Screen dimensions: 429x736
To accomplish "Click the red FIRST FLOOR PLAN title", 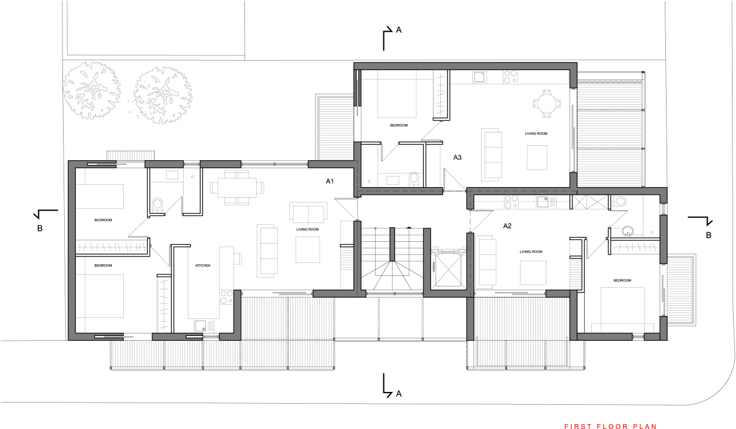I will (610, 426).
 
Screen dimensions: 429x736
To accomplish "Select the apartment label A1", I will (330, 181).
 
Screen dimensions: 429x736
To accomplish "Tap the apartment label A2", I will (508, 225).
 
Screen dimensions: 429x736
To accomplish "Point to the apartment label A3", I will (457, 157).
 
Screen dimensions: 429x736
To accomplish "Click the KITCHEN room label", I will (203, 266).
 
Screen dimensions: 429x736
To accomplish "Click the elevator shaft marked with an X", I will (447, 268).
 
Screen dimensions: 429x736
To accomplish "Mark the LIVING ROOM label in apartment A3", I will (536, 134).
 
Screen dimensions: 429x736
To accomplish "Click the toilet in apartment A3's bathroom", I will (414, 178).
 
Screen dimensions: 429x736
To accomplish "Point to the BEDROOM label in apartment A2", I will (622, 281).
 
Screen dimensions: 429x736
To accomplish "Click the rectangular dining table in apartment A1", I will (238, 188).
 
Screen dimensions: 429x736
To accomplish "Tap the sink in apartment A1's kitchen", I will (201, 325).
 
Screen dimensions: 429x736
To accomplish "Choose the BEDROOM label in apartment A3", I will (399, 125).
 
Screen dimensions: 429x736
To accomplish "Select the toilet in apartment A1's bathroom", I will (157, 205).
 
